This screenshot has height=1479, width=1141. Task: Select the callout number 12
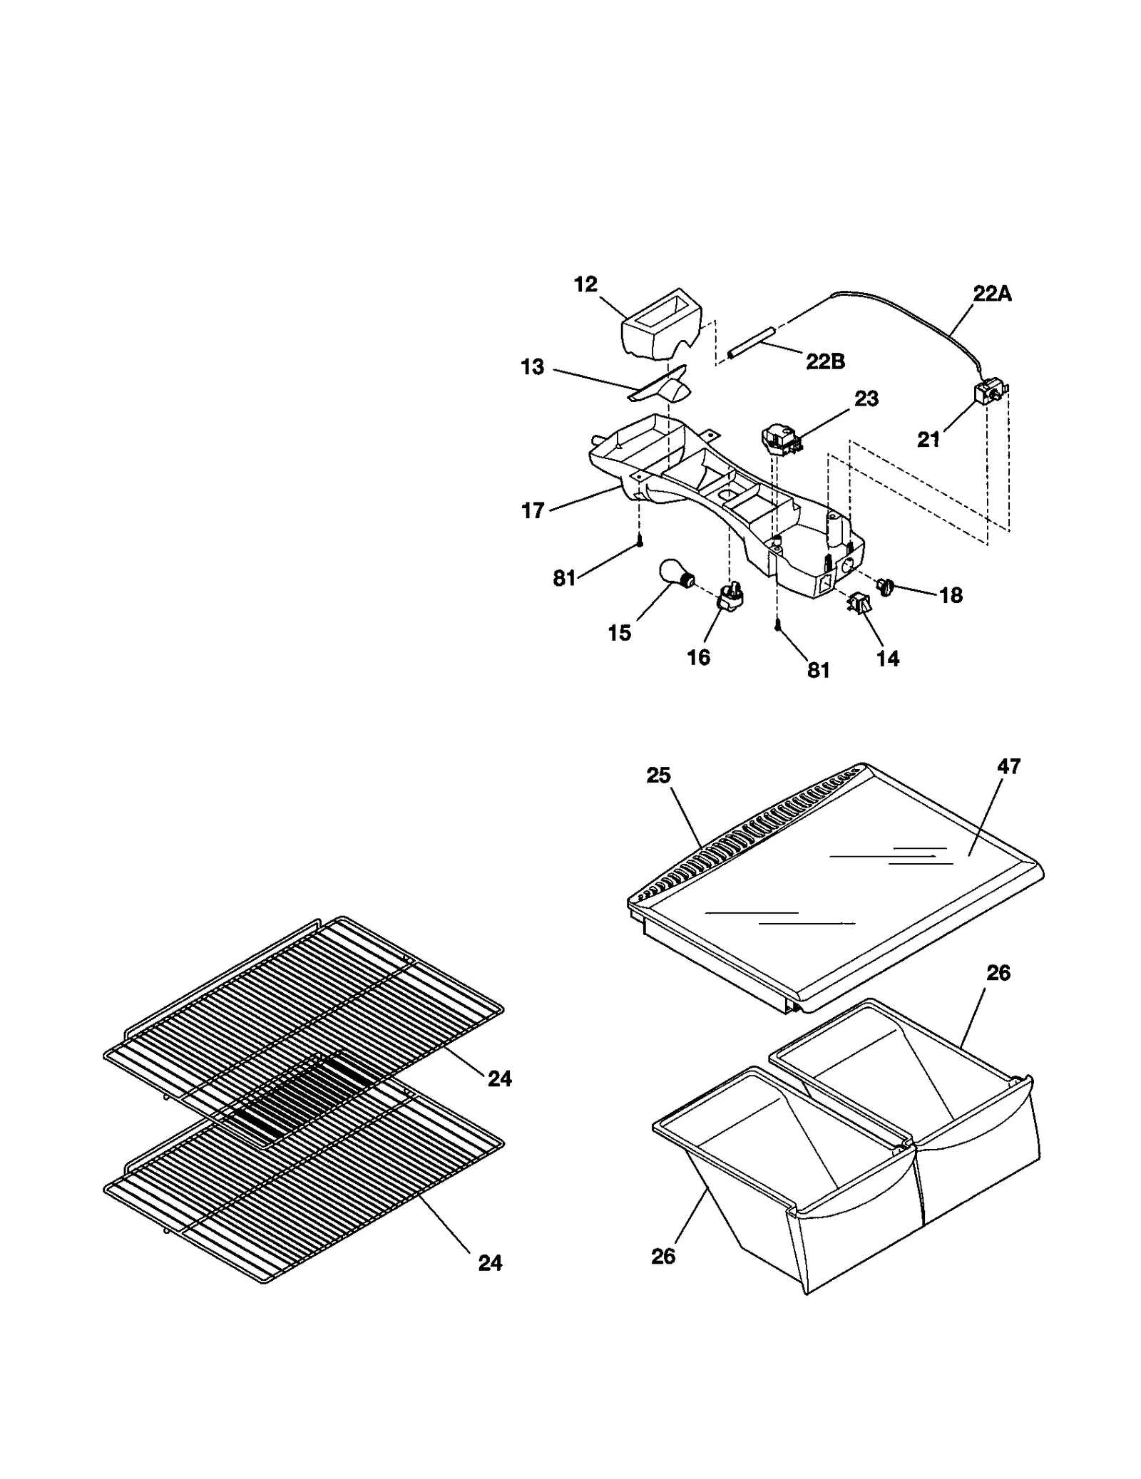coord(585,284)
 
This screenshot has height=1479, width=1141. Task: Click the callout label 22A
coord(992,294)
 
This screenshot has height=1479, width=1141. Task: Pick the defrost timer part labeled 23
coord(779,437)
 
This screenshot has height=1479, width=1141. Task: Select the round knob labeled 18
coord(886,586)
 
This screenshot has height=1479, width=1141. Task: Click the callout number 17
coord(533,510)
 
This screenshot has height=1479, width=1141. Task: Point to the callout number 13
coord(533,367)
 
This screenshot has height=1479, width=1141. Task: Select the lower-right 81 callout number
coord(819,671)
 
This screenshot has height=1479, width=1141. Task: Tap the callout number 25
coord(658,775)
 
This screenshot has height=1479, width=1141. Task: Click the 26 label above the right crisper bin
coord(998,973)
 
